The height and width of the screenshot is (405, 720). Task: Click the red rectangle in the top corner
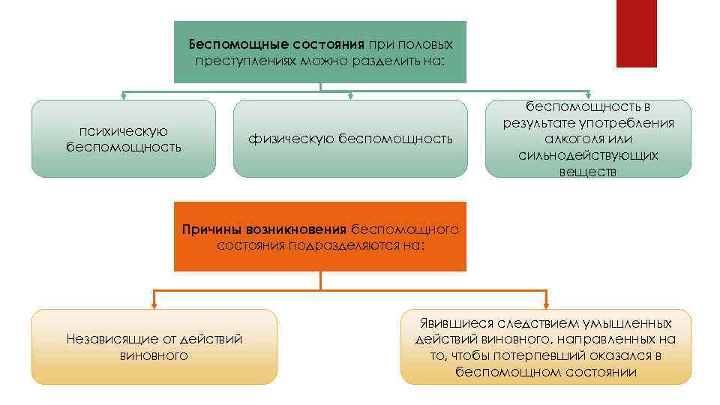(636, 33)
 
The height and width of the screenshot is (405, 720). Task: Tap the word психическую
(123, 131)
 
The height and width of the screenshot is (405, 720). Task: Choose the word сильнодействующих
(588, 155)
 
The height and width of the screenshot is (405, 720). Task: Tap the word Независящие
(112, 339)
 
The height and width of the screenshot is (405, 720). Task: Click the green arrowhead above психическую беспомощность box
(123, 96)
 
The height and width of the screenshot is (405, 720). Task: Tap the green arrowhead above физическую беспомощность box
(350, 96)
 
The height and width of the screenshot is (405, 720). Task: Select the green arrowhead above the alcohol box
(588, 96)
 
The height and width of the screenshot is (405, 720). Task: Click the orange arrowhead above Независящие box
(154, 304)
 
